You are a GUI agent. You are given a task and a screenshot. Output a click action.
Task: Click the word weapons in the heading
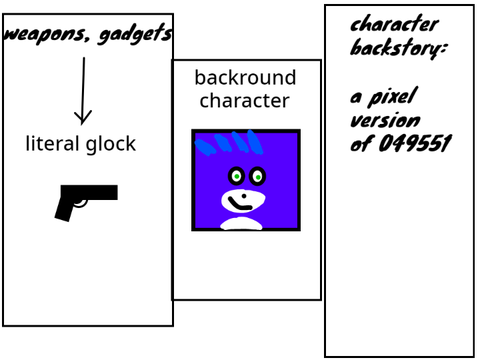point(46,34)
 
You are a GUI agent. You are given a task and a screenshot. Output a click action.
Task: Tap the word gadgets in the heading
point(135,34)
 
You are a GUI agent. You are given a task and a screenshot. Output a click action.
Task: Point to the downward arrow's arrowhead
point(83,117)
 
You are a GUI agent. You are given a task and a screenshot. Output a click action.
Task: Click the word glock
point(111,144)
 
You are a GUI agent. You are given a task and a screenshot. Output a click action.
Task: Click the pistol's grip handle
point(65,209)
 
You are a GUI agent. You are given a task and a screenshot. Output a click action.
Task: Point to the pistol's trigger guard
point(81,203)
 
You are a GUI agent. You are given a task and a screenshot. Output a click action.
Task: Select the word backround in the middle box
point(245,78)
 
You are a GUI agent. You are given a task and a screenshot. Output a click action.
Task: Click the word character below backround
point(245,100)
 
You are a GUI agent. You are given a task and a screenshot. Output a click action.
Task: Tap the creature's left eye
point(236,176)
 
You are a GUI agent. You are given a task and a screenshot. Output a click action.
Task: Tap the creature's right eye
point(257,176)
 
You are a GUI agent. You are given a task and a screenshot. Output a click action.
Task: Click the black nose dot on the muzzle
point(244,196)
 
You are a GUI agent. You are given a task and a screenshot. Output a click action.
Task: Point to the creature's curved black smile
point(239,205)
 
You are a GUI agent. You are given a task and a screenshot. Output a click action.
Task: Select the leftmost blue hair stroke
point(205,147)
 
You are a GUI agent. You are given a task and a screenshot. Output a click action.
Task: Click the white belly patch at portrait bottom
point(241,223)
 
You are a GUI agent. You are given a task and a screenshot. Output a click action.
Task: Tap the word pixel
point(392,97)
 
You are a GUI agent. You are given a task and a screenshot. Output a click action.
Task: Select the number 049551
point(415,143)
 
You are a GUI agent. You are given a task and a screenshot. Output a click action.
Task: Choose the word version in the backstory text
point(385,121)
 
